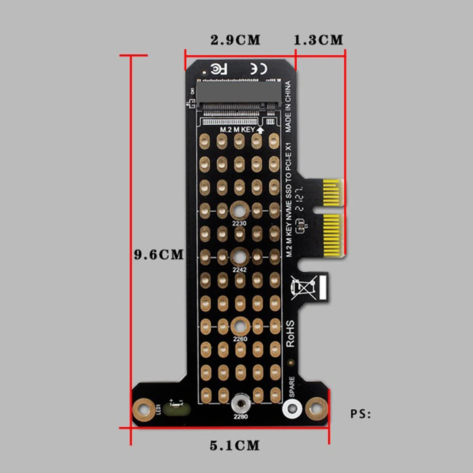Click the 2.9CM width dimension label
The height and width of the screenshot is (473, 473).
tap(235, 40)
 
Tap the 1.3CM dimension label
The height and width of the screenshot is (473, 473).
tap(318, 40)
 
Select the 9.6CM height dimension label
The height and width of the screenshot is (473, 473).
tap(158, 255)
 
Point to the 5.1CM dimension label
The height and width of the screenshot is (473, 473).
tap(234, 445)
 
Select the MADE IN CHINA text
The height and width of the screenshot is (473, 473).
tap(288, 107)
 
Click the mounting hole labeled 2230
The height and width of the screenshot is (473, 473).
tap(240, 210)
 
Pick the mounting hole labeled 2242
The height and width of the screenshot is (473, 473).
tap(240, 257)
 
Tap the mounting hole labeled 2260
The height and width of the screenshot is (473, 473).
tap(240, 326)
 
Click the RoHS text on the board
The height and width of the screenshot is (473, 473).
tap(290, 333)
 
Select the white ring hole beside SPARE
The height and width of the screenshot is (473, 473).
tap(292, 408)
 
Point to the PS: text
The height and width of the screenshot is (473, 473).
tap(361, 414)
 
